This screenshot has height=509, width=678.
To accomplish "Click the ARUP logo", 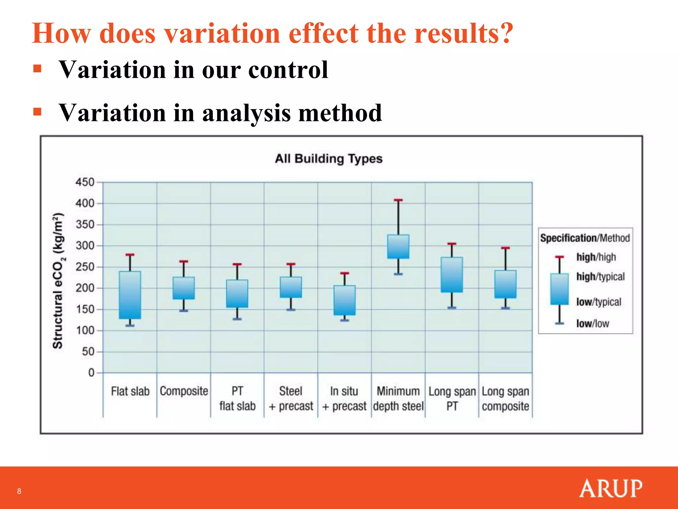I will click(x=611, y=488).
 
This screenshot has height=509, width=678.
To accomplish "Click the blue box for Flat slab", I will click(x=130, y=295).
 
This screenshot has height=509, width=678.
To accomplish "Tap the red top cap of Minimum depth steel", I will click(x=398, y=200).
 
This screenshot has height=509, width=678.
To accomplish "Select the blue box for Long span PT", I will click(x=452, y=275).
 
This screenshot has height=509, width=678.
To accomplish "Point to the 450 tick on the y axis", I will click(x=85, y=182).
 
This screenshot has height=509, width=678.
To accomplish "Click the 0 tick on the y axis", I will click(x=91, y=373).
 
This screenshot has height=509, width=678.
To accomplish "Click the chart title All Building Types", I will click(x=328, y=159).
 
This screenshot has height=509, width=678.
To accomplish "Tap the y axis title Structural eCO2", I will click(x=58, y=281).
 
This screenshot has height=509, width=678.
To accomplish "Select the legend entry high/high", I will click(x=596, y=257).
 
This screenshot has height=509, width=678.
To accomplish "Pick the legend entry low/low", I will click(x=593, y=323).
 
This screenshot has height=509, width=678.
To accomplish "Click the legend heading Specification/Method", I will click(x=585, y=238).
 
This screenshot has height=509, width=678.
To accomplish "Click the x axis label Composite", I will click(x=184, y=391).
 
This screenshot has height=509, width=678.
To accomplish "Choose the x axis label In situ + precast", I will click(x=344, y=399).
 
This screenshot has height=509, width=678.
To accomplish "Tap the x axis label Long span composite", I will click(x=505, y=399).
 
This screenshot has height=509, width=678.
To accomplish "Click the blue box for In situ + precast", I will click(x=345, y=300).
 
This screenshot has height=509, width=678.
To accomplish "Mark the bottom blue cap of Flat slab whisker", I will click(x=130, y=326).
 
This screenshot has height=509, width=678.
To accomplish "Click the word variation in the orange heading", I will click(x=222, y=33).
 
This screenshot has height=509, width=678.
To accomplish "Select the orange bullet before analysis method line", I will click(x=37, y=112).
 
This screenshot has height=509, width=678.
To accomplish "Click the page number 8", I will click(x=19, y=491).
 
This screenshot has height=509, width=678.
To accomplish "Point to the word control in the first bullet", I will click(x=288, y=70).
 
